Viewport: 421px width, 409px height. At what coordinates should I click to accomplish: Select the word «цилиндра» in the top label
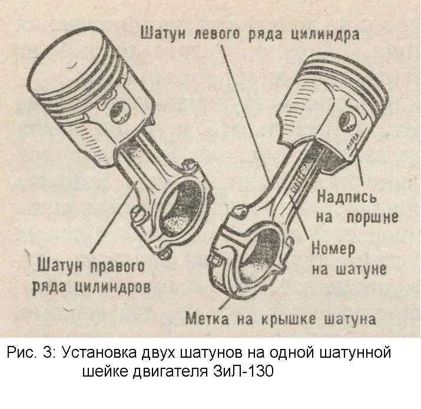point(325,34)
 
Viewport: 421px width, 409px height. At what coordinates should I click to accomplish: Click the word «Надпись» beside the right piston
point(346,196)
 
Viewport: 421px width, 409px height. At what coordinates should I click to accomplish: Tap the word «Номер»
point(333,249)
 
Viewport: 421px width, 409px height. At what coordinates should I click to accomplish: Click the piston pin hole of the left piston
point(124,110)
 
